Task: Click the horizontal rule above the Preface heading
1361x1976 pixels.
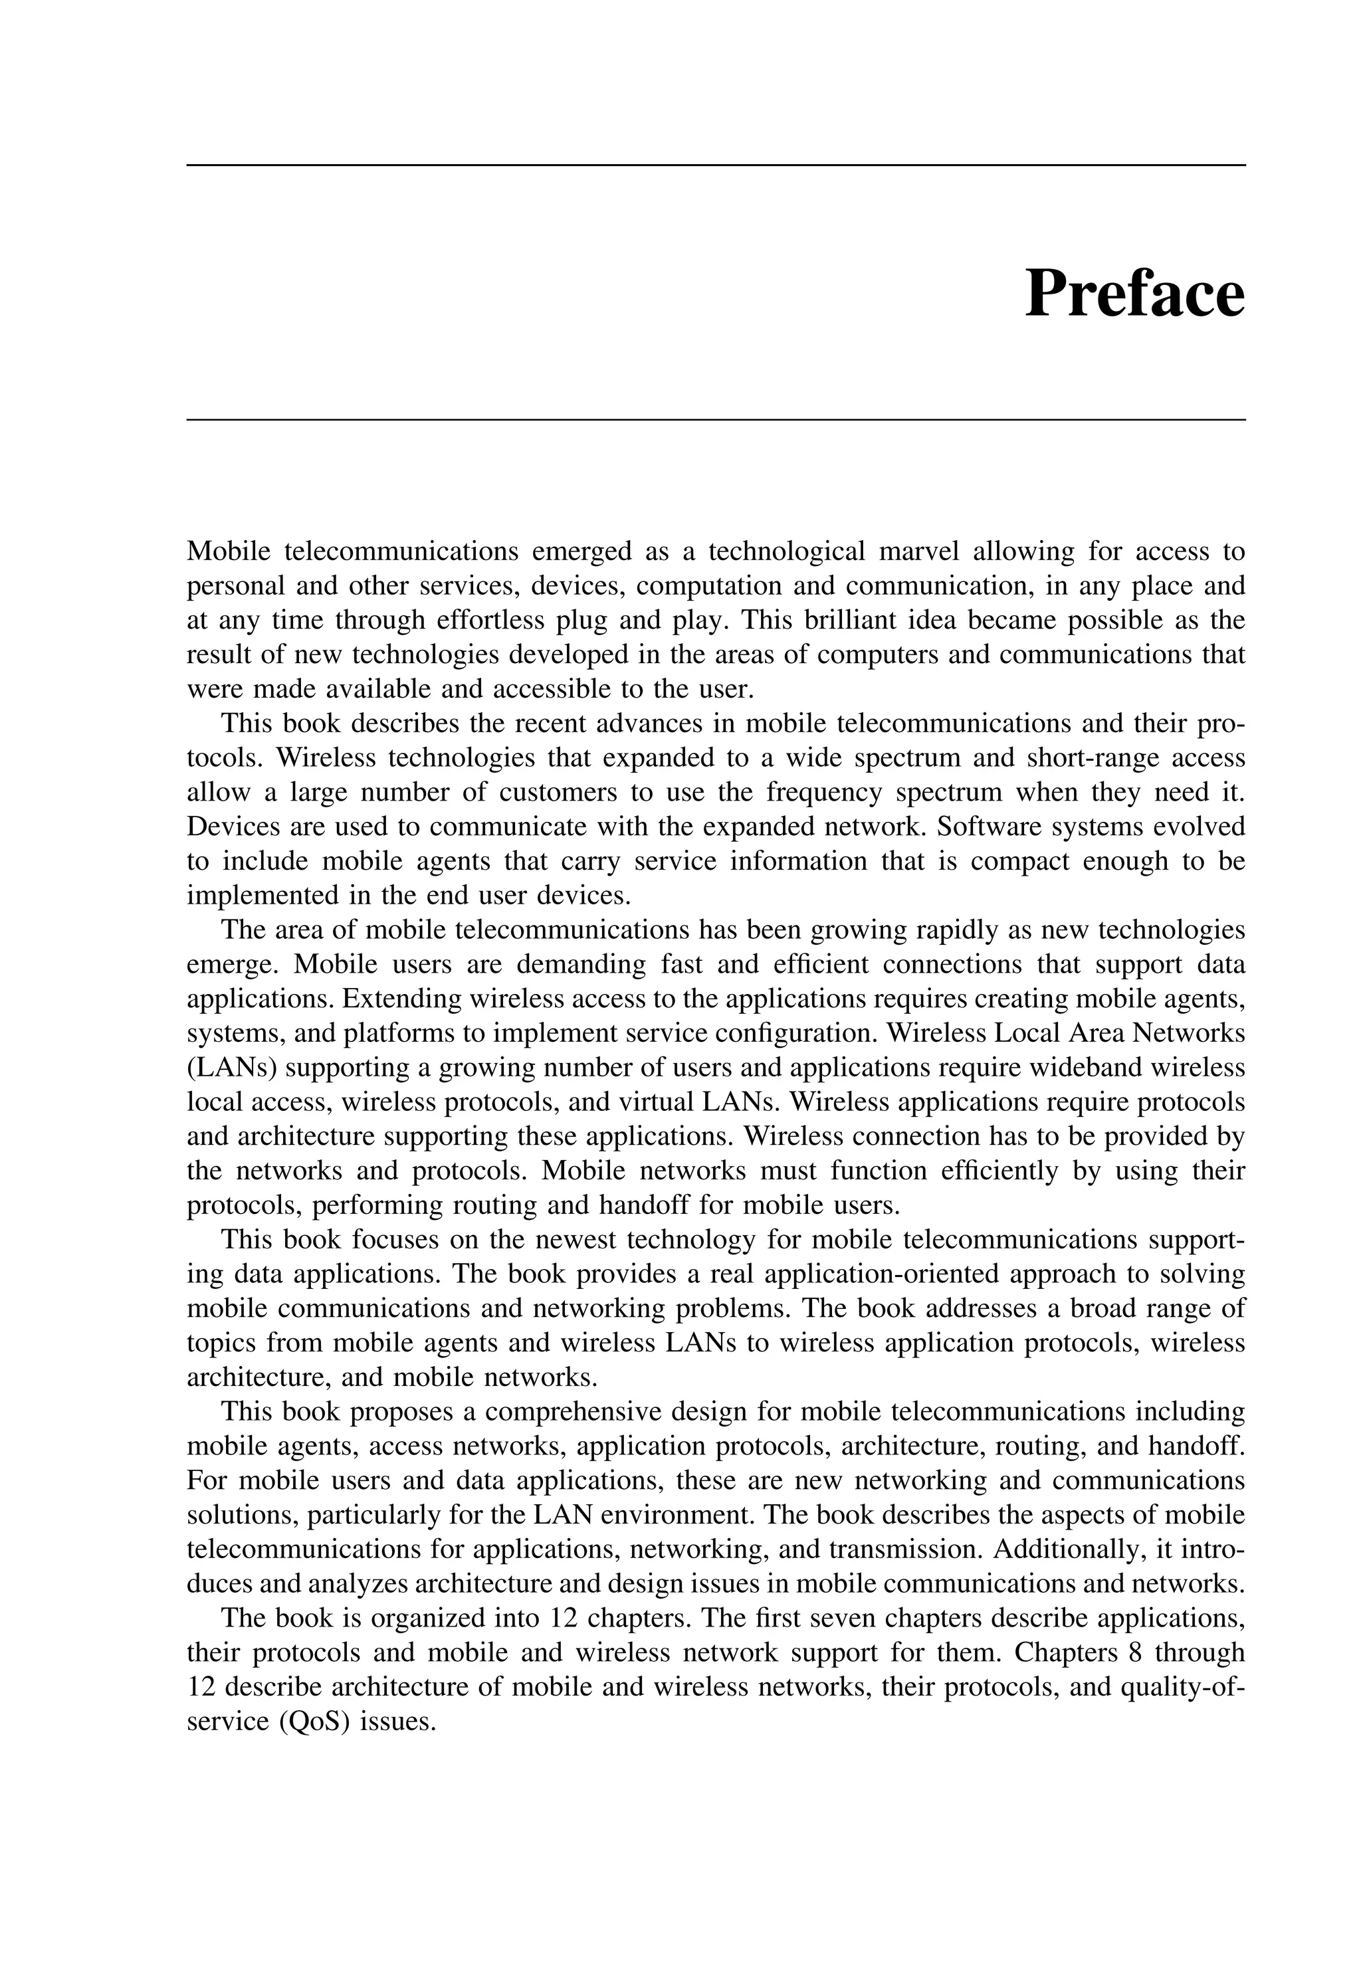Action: pos(716,165)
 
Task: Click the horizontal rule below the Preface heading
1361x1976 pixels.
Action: pos(716,419)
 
